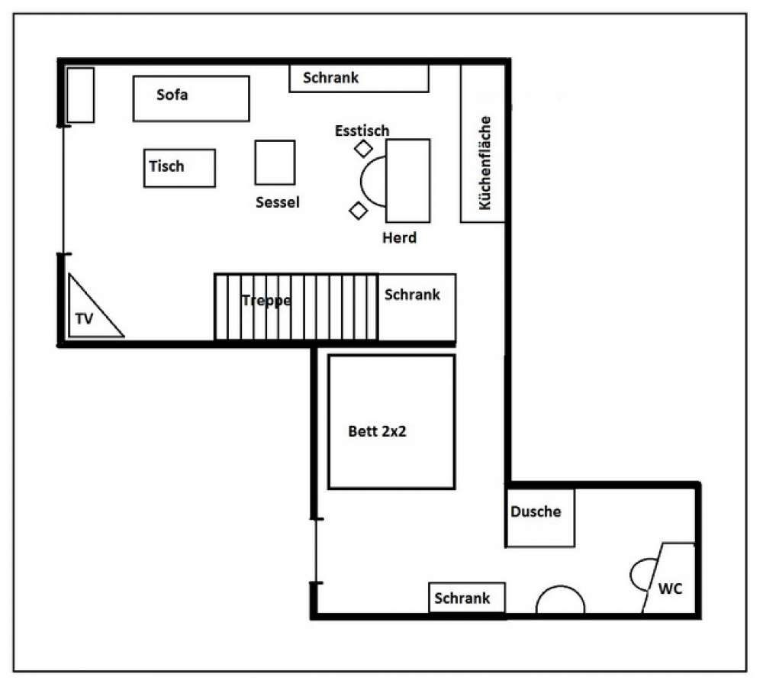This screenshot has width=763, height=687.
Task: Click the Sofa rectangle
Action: (x=191, y=98)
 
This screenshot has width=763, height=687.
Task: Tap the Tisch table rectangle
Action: (x=179, y=168)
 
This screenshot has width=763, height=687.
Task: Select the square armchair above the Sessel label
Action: (x=275, y=162)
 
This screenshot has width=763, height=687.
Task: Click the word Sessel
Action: (x=278, y=202)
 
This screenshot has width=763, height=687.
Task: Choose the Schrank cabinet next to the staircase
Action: (x=417, y=307)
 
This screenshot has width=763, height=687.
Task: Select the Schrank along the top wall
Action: (x=358, y=79)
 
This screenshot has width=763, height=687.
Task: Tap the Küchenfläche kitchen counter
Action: (x=483, y=144)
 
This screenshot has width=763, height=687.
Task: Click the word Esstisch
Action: (x=362, y=131)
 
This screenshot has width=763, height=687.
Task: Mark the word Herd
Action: (x=399, y=238)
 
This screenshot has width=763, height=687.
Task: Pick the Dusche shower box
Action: (x=540, y=518)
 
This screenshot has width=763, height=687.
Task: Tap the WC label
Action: (x=670, y=589)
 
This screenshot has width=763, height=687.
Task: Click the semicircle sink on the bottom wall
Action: (x=560, y=601)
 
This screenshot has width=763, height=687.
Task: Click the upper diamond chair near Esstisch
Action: (x=363, y=149)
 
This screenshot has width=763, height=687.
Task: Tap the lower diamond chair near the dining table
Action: (x=357, y=210)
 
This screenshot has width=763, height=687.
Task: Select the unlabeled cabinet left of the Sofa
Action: (x=81, y=95)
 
